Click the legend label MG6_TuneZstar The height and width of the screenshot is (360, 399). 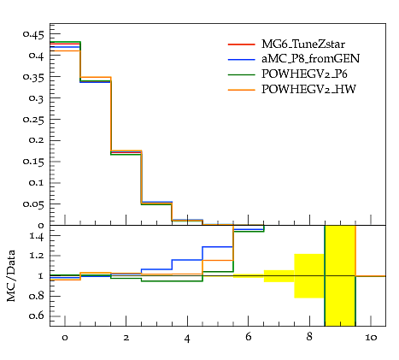tap(303, 44)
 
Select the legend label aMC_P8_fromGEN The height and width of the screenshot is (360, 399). tap(311, 59)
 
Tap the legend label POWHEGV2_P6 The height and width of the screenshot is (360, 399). tap(304, 74)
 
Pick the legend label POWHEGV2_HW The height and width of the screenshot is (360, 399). tap(308, 90)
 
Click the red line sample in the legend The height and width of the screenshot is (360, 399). tap(242, 44)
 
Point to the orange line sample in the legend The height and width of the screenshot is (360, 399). tap(242, 90)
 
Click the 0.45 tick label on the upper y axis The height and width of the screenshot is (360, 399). tap(33, 35)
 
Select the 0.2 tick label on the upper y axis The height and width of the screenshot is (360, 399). tap(37, 141)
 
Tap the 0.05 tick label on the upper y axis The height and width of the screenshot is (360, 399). tap(33, 204)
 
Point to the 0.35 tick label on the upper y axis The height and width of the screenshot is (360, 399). tap(33, 77)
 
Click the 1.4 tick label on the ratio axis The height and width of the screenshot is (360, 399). tap(37, 236)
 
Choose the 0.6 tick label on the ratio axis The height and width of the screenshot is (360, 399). tap(37, 316)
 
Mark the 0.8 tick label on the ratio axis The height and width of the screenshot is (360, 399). tap(37, 296)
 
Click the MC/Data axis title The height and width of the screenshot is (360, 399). tap(11, 276)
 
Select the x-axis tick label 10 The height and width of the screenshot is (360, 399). tap(371, 338)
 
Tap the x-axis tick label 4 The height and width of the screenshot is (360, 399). tap(187, 339)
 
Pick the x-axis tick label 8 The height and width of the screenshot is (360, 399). tap(309, 337)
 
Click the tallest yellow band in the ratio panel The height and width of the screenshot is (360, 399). tap(340, 275)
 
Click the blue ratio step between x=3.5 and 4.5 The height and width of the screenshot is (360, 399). tap(187, 260)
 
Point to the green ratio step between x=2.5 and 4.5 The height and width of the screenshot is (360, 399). tap(172, 281)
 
